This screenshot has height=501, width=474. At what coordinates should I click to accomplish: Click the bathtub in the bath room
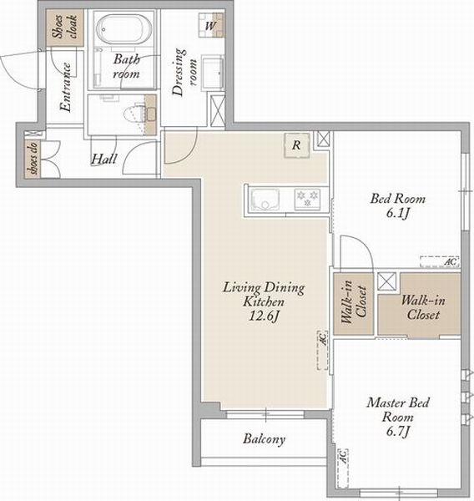(124, 29)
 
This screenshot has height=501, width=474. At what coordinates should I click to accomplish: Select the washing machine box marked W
(211, 25)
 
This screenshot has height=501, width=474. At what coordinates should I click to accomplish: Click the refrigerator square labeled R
(297, 145)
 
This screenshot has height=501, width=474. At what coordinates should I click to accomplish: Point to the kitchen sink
(265, 200)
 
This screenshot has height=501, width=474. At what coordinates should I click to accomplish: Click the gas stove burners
(307, 199)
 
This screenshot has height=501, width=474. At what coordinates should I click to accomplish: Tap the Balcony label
(265, 439)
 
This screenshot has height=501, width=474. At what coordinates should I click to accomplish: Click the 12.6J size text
(264, 316)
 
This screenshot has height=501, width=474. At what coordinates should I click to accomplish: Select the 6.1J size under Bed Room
(398, 213)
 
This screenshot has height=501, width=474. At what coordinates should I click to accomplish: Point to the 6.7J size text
(398, 432)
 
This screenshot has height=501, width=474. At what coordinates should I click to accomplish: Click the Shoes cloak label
(65, 27)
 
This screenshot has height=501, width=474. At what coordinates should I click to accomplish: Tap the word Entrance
(65, 87)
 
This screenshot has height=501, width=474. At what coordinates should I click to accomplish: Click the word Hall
(104, 159)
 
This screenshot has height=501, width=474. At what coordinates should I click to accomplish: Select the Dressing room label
(184, 72)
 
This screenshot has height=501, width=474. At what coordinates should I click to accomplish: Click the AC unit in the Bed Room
(440, 261)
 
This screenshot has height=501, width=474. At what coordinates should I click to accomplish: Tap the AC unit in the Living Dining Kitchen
(322, 350)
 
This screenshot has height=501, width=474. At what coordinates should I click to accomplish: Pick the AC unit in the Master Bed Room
(343, 468)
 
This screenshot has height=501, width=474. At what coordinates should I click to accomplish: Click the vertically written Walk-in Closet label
(354, 302)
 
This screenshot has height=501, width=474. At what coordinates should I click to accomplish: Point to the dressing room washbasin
(212, 72)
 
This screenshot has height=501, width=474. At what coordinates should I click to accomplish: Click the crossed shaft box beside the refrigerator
(323, 139)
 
